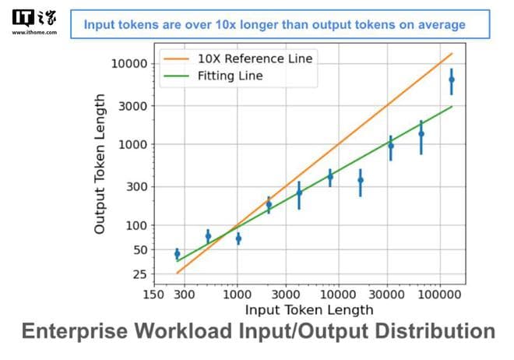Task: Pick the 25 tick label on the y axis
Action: point(140,274)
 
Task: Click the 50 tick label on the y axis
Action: point(140,250)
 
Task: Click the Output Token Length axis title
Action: point(100,164)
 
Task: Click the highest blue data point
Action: point(451,79)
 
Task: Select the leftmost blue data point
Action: point(177,254)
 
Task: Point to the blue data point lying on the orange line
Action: point(269,204)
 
